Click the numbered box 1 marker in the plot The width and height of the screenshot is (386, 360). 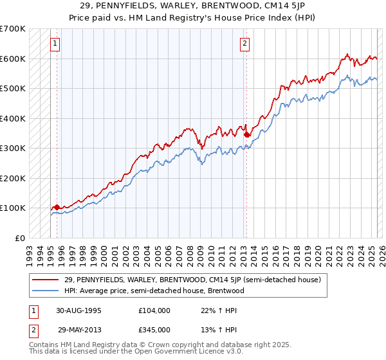55,44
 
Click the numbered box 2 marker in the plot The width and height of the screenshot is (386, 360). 245,44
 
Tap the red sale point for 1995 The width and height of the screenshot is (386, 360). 57,207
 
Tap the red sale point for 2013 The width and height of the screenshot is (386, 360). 246,135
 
